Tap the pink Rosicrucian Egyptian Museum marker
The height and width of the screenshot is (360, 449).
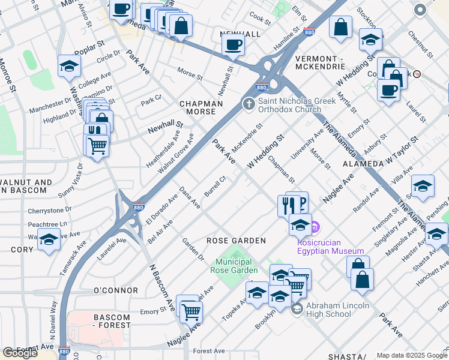coord(316,227)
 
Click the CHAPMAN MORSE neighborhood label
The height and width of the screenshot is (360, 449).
coord(201,108)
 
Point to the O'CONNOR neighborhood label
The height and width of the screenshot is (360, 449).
coord(116,290)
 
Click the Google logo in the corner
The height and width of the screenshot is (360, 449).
coord(20,352)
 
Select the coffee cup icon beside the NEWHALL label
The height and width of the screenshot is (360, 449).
coord(233,44)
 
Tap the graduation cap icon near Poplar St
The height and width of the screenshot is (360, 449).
coord(70,67)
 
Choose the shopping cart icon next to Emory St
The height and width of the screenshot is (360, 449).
coord(191,311)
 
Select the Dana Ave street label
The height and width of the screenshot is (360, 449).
coord(190,197)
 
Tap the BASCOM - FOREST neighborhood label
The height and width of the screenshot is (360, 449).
coord(112,321)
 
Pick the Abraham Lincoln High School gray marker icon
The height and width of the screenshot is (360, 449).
coord(297,309)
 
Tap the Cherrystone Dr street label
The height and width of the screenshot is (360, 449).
coord(50,211)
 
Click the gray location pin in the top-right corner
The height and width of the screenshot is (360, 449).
coord(420,10)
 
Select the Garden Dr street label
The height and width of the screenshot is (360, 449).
coord(193,250)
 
